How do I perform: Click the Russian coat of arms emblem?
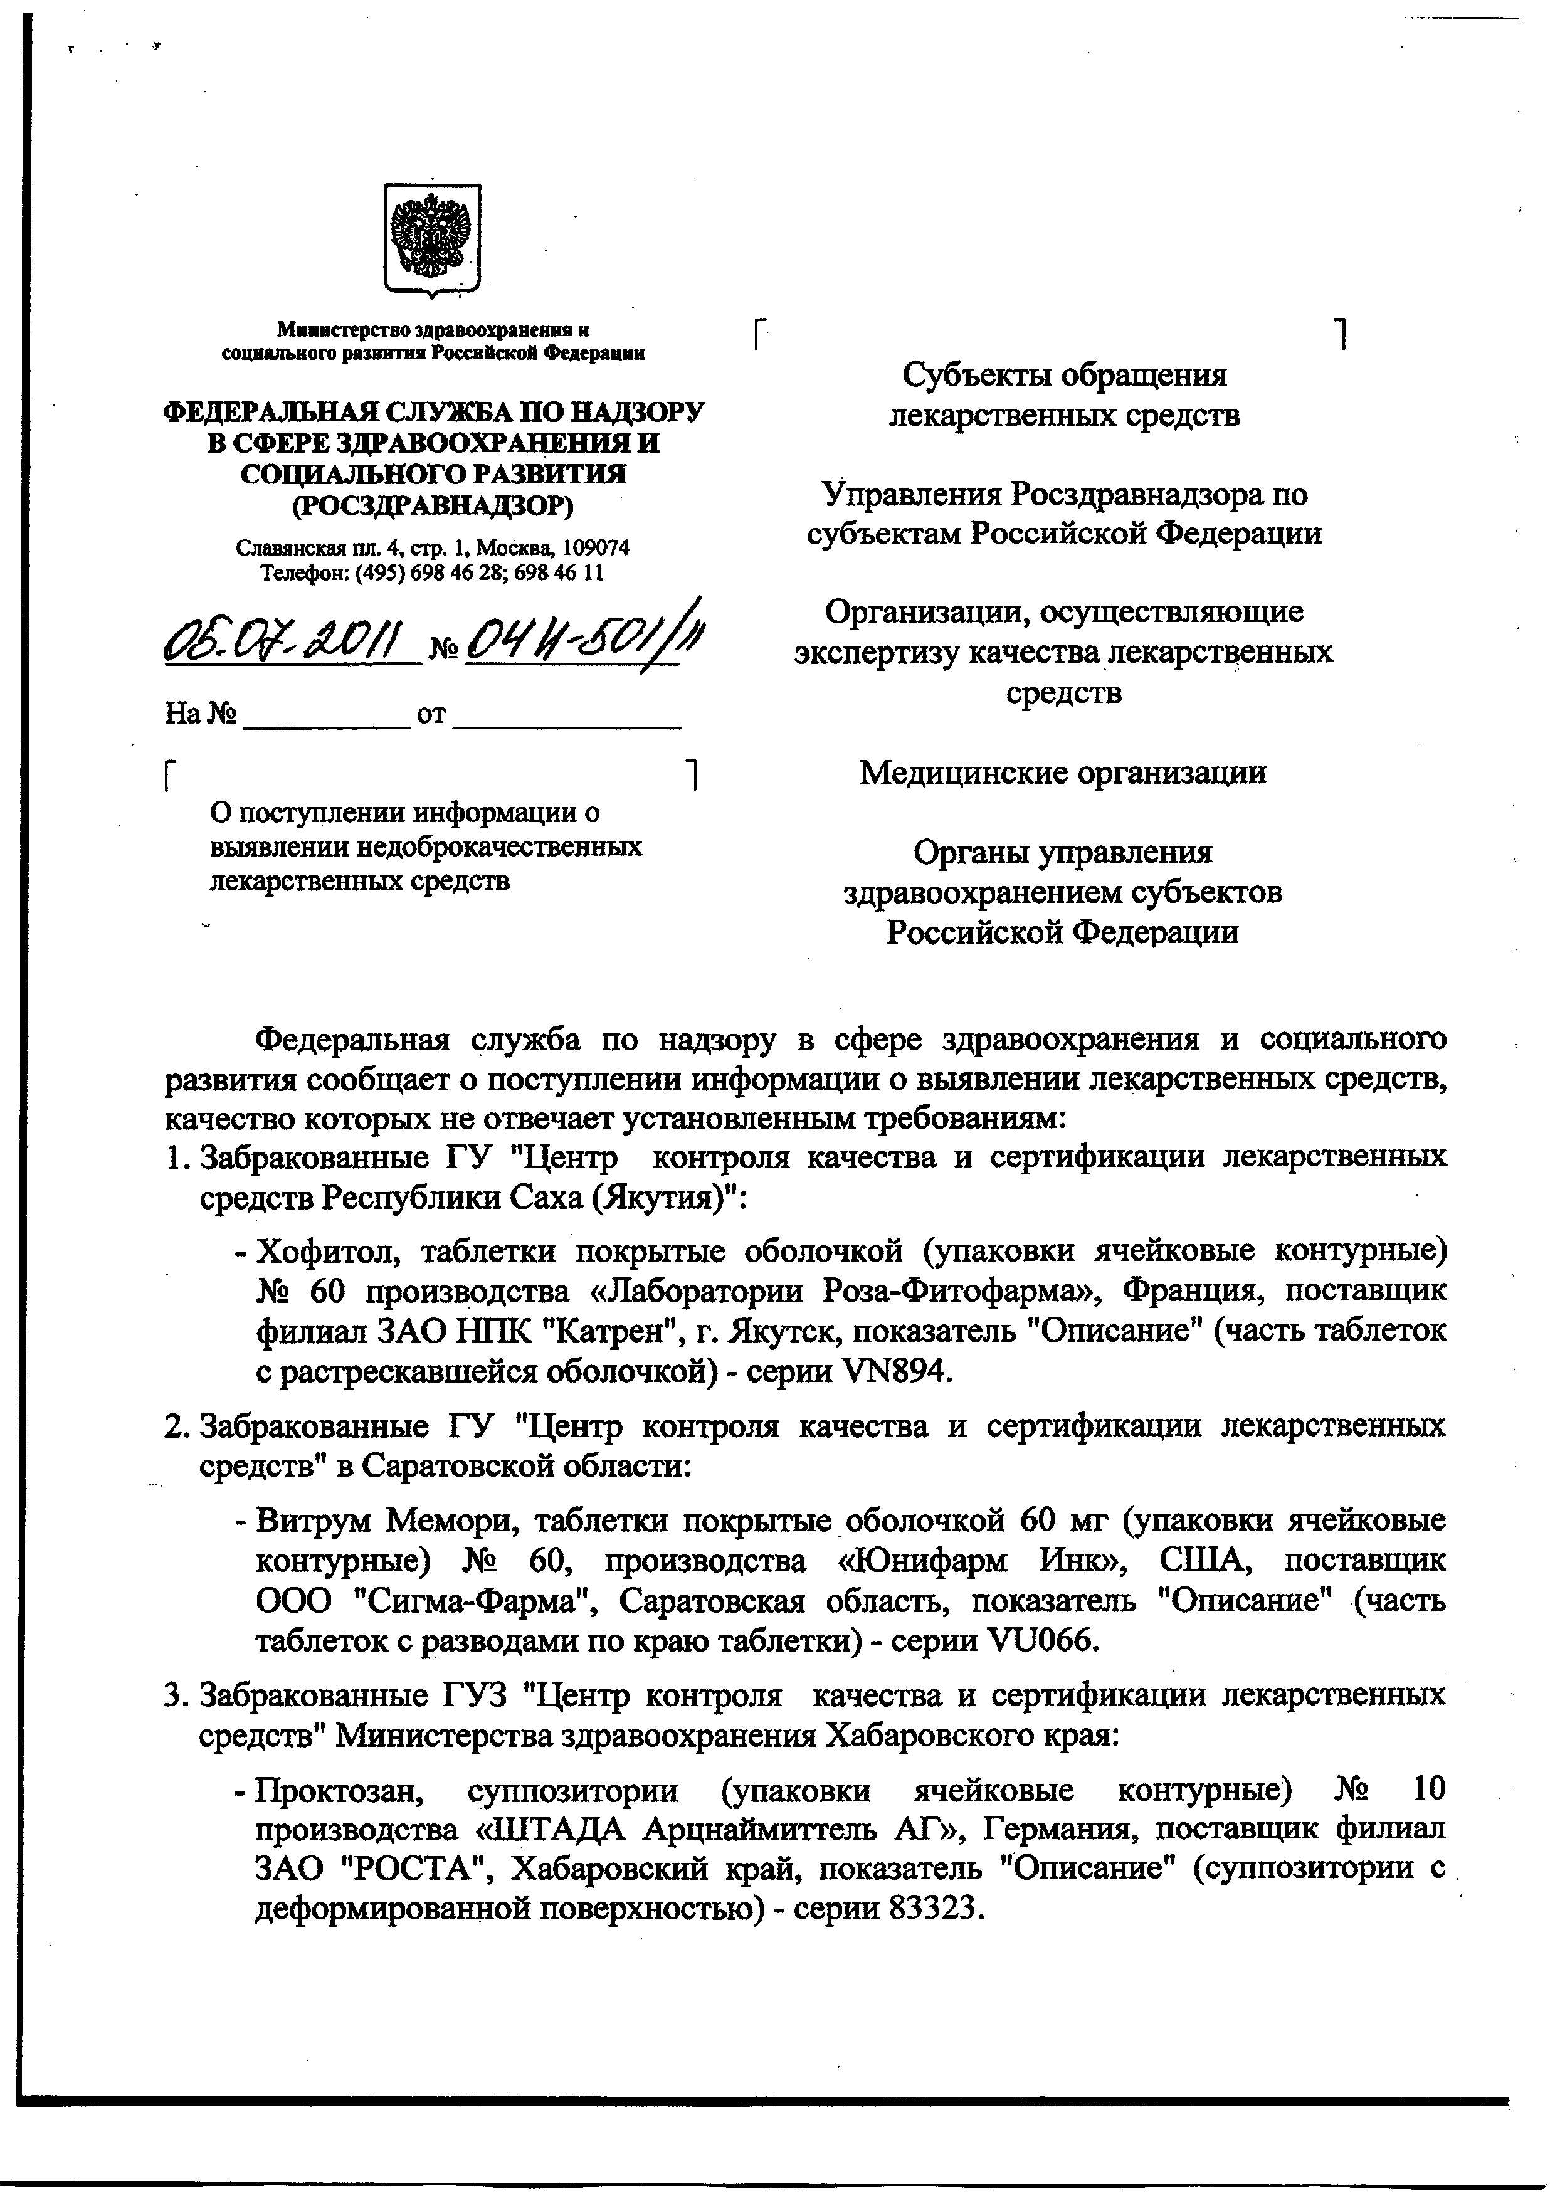pyautogui.click(x=432, y=240)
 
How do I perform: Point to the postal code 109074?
pyautogui.click(x=596, y=548)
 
